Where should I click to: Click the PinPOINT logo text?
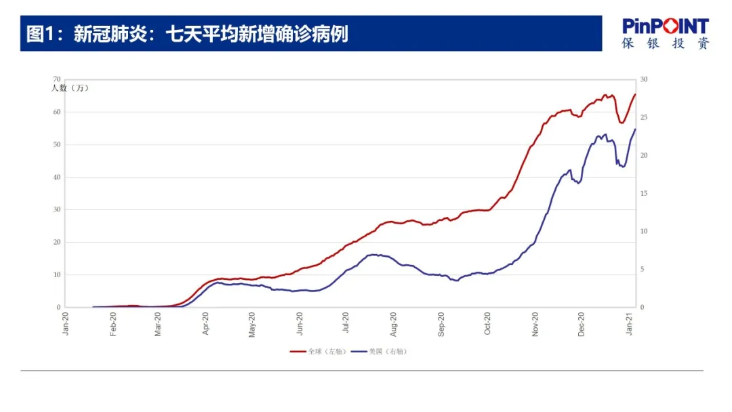tap(666, 26)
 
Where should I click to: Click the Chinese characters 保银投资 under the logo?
tap(666, 43)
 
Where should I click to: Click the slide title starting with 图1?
tap(187, 34)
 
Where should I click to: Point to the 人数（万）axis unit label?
tap(70, 88)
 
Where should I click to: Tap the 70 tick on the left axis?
tap(57, 80)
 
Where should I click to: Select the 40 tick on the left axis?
tap(57, 178)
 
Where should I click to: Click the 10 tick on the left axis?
tap(57, 275)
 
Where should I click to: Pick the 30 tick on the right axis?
tap(644, 80)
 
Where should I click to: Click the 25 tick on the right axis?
tap(644, 118)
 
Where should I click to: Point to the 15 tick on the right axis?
tap(644, 194)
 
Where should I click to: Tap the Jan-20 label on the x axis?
tap(66, 324)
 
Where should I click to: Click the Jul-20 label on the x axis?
tap(346, 324)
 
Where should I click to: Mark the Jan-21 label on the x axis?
tap(631, 324)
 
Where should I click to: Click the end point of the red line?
tap(635, 94)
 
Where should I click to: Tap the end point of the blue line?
tap(635, 129)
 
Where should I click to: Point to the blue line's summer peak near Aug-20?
tap(374, 255)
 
